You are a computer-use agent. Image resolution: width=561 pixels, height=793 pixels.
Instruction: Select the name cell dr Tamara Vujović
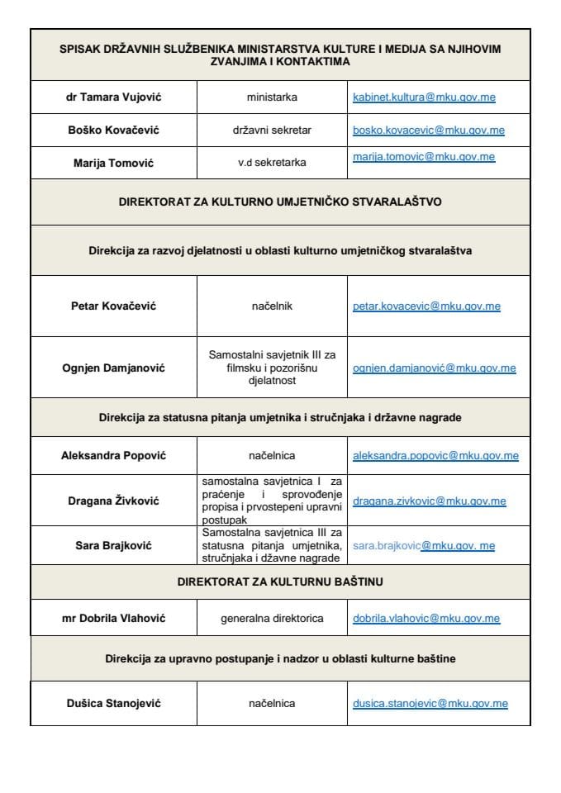113,97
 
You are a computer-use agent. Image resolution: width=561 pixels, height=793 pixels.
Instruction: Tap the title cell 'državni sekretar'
272,131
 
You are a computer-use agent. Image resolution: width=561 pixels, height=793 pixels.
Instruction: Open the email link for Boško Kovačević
428,131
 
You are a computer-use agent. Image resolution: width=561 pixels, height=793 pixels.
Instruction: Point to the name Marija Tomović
113,163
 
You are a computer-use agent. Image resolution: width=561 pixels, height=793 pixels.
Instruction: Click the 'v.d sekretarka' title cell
272,163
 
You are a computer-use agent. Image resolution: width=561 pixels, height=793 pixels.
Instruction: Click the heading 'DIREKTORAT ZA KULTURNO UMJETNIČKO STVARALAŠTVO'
280,201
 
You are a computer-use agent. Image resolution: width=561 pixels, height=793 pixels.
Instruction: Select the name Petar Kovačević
113,306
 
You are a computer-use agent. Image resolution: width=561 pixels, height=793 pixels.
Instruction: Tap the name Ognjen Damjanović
113,368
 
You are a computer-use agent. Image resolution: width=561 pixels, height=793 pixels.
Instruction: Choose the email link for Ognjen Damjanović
434,368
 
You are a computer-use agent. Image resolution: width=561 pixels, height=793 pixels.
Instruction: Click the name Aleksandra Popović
113,455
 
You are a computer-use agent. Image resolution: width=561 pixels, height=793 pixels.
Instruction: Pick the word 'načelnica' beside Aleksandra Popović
272,455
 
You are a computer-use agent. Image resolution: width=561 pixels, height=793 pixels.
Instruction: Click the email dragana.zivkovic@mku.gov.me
430,501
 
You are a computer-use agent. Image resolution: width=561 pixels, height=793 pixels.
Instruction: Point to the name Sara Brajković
113,545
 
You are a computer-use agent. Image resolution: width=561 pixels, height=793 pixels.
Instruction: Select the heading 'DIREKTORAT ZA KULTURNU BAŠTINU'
280,582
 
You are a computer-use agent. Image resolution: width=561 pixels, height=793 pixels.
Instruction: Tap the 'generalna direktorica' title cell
272,618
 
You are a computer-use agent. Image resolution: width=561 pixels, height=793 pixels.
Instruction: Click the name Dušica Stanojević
113,704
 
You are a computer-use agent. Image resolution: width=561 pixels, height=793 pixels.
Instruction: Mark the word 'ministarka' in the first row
272,97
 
